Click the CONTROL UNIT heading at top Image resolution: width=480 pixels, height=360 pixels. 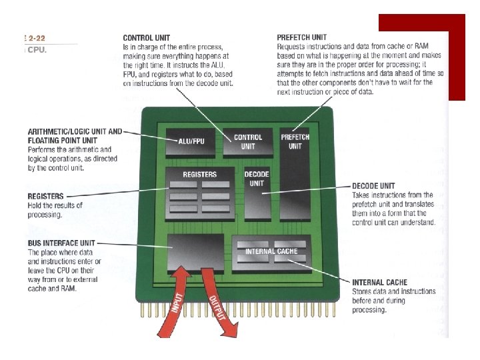(146, 37)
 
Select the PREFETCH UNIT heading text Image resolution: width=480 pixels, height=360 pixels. (303, 37)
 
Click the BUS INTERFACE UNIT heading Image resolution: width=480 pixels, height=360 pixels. (61, 244)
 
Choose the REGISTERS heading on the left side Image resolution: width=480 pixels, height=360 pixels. (46, 197)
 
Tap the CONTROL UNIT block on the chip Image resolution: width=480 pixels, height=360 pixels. (248, 141)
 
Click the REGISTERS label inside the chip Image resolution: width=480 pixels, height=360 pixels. (200, 175)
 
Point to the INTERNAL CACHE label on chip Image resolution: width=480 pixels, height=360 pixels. (271, 251)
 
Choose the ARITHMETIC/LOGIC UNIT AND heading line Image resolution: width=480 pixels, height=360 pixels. (75, 131)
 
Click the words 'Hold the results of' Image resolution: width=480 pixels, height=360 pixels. (55, 205)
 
